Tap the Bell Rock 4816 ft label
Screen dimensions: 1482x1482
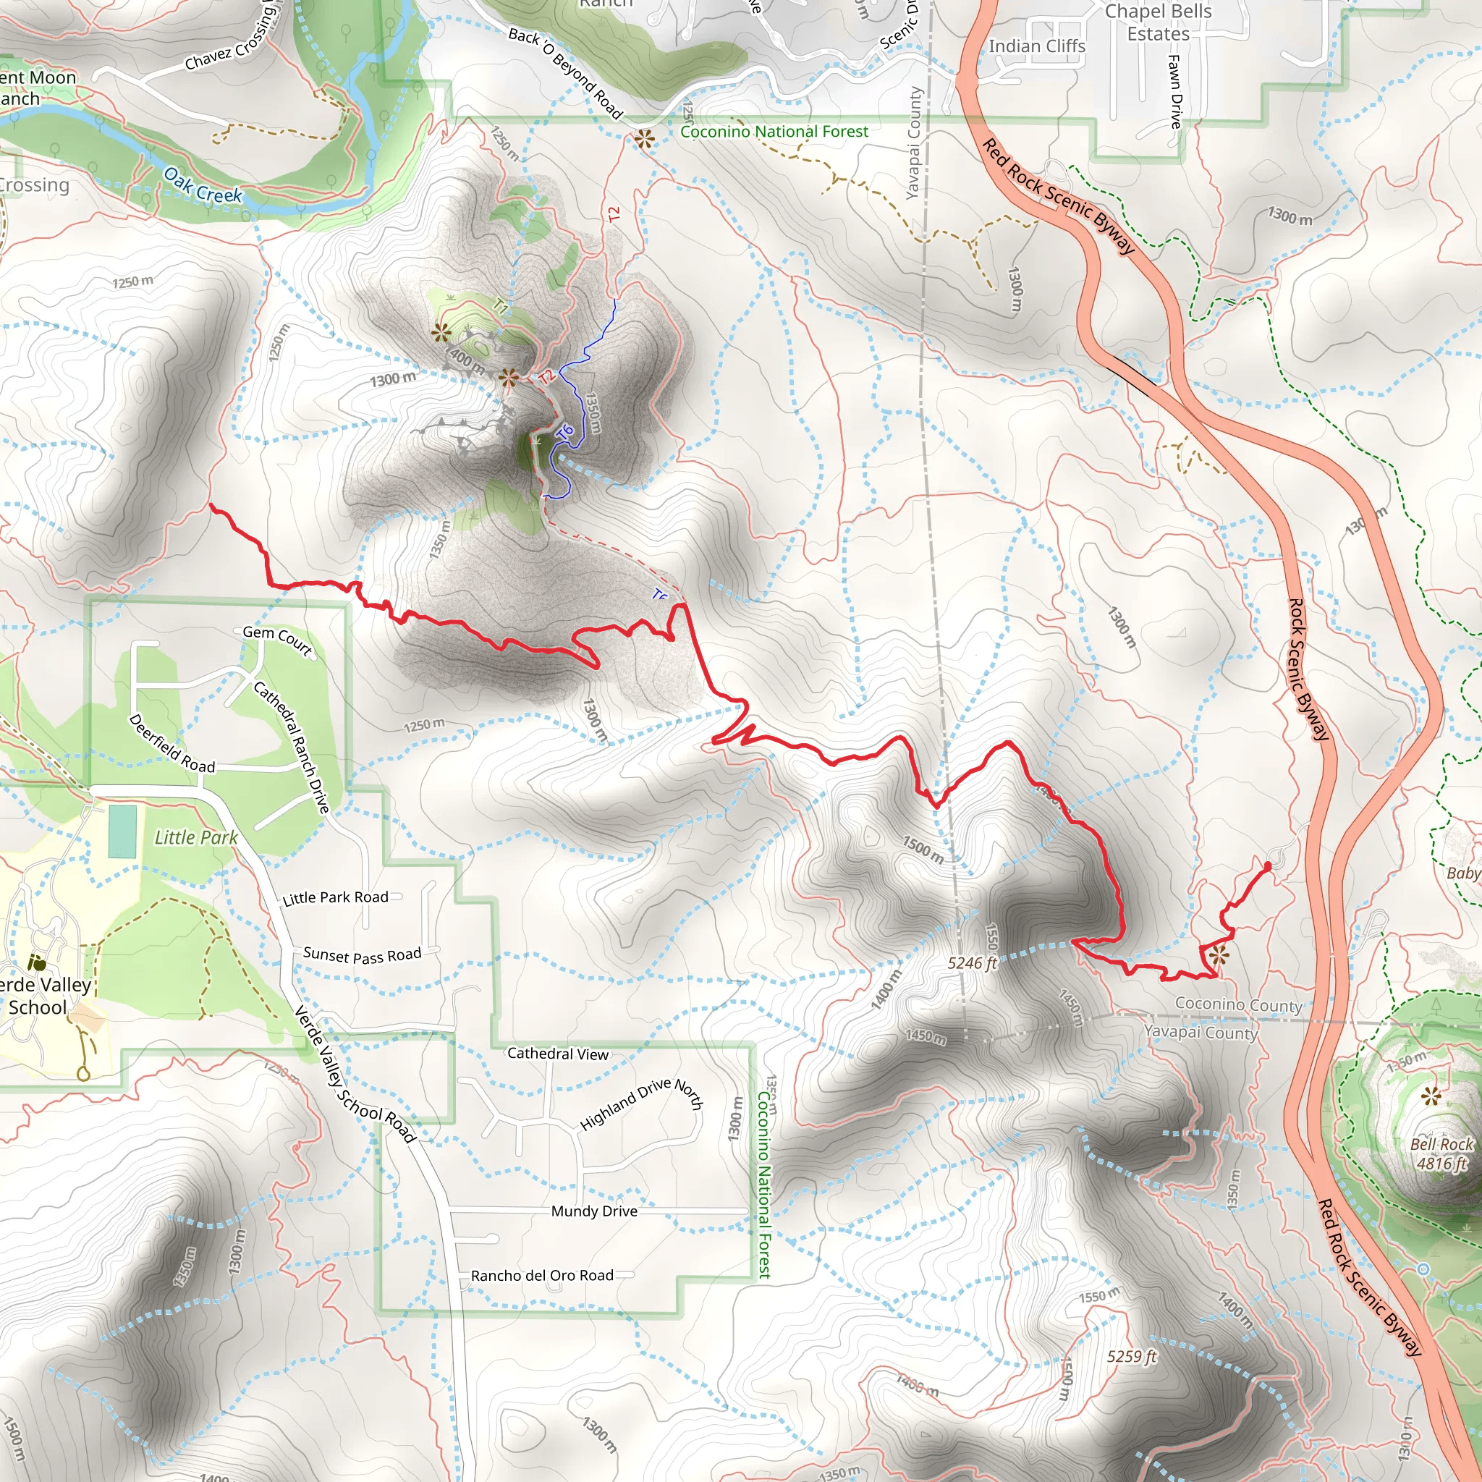tap(1441, 1153)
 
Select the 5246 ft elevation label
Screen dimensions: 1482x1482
tap(972, 963)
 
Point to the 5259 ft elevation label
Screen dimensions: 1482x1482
tap(1132, 1356)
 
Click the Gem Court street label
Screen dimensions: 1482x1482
tap(278, 641)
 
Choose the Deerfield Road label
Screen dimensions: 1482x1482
tap(172, 744)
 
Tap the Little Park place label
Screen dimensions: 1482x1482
tap(195, 838)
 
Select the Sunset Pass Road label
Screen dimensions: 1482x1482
tap(362, 955)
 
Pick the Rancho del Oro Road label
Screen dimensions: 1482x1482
tap(542, 1276)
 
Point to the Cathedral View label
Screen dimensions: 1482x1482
tap(558, 1054)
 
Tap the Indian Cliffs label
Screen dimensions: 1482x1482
tap(1036, 47)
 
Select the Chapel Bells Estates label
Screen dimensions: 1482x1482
tap(1158, 23)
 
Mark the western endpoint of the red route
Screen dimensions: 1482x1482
tap(212, 506)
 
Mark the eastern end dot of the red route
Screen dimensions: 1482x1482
tap(1267, 866)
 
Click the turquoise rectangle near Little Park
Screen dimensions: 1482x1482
tap(123, 831)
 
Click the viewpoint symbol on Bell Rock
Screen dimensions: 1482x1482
tap(1431, 1096)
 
